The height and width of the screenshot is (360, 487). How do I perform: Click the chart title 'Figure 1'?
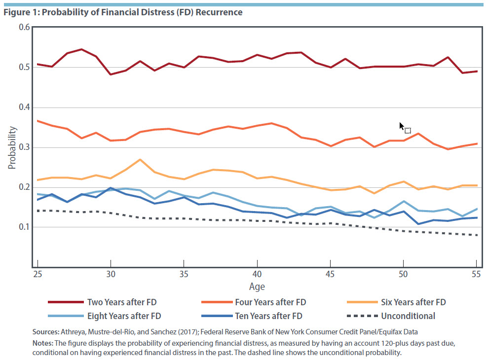point(123,12)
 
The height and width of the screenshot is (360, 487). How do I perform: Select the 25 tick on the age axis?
point(37,274)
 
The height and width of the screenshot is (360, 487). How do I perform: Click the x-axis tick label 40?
point(257,274)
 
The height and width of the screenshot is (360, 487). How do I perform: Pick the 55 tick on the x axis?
point(476,274)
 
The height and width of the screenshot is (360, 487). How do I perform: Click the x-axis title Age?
point(257,287)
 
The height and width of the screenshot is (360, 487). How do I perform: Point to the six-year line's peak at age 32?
point(140,160)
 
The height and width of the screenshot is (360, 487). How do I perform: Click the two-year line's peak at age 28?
point(81,49)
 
